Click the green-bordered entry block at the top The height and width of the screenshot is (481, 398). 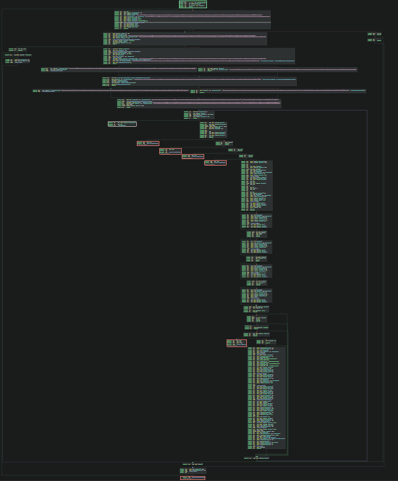pos(193,4)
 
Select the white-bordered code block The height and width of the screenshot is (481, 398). pos(122,124)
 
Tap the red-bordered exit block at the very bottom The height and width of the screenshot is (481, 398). pos(193,478)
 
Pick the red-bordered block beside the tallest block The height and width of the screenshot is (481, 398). pos(237,343)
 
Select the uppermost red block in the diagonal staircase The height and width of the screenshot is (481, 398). pos(148,143)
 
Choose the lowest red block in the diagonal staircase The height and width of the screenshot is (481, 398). pos(215,162)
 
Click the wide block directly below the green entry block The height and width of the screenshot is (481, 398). pos(192,20)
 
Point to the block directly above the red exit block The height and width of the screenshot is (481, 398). pos(193,470)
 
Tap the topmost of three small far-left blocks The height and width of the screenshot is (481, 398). pos(18,49)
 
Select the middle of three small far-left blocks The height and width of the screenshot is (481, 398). pos(18,55)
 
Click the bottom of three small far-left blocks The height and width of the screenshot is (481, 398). pos(17,62)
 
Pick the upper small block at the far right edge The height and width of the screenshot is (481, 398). pos(375,34)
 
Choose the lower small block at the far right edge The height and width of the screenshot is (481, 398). pos(375,40)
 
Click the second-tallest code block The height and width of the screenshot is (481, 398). pos(257,186)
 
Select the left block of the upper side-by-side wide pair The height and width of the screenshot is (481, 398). pos(118,69)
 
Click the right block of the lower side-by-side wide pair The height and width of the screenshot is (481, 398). pos(278,91)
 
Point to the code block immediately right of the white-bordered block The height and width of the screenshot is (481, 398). pos(213,130)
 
